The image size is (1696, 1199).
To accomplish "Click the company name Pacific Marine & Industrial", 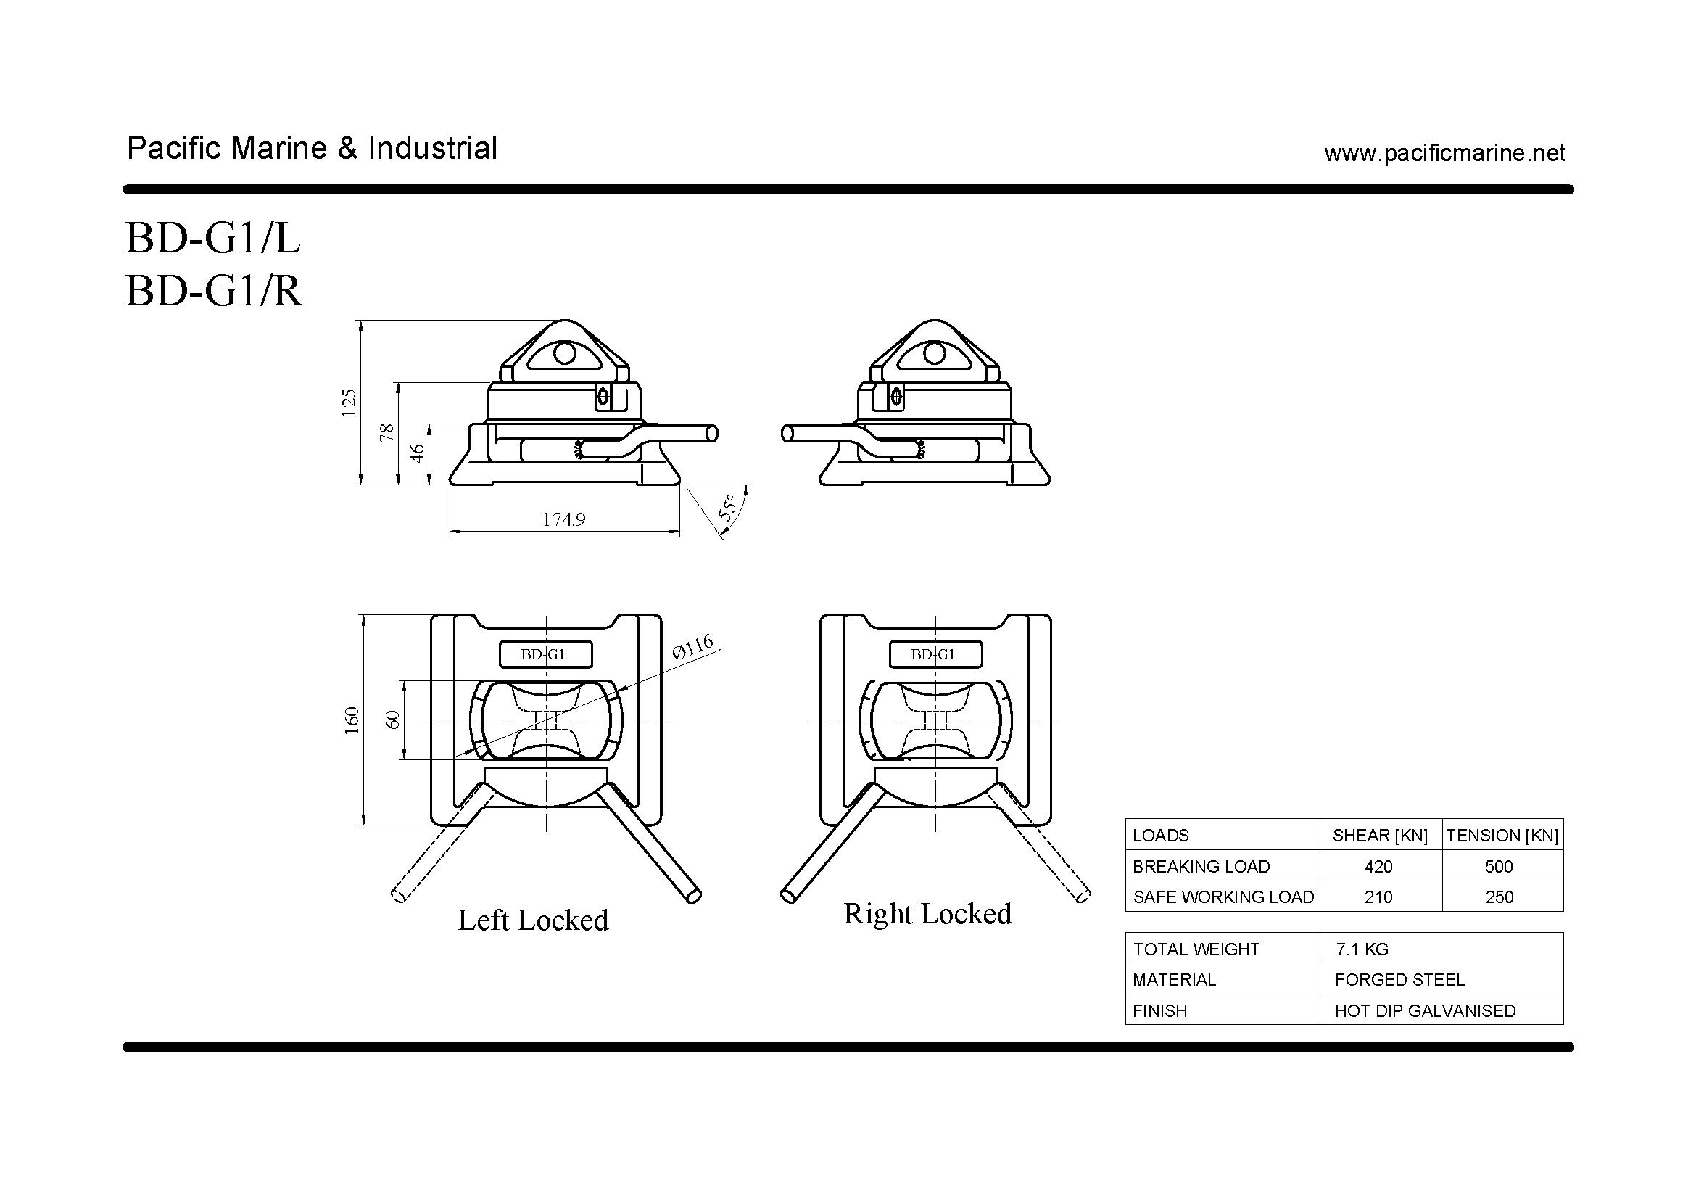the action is pos(312,148).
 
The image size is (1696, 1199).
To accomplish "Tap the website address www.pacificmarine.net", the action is pos(1444,153).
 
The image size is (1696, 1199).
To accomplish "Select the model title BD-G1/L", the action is pos(212,238).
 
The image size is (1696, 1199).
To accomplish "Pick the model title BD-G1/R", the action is pos(214,290).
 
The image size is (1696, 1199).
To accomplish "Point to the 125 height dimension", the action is pos(349,403).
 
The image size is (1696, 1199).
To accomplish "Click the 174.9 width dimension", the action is pos(563,519).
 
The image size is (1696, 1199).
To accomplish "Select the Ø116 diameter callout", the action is pos(693,646).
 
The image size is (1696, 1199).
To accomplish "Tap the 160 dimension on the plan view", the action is pos(352,720).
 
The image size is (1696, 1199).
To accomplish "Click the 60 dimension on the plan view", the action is pos(393,720).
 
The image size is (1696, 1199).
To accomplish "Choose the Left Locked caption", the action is pos(534,920).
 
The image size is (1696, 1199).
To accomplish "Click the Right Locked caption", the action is pos(928,914).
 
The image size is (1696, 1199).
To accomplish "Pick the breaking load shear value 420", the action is pos(1378,866).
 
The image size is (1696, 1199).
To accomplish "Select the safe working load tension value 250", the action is pos(1499,897).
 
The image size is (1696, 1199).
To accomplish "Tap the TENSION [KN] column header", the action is pos(1502,836).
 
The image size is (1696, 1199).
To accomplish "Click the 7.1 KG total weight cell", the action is pos(1362,949).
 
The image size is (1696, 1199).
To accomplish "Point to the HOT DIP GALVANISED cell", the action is pos(1425,1010).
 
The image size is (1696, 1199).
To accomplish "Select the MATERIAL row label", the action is pos(1174,980).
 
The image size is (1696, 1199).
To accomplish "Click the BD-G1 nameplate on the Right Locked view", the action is pos(935,654).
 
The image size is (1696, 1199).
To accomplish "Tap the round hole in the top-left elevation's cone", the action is pos(564,354).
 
